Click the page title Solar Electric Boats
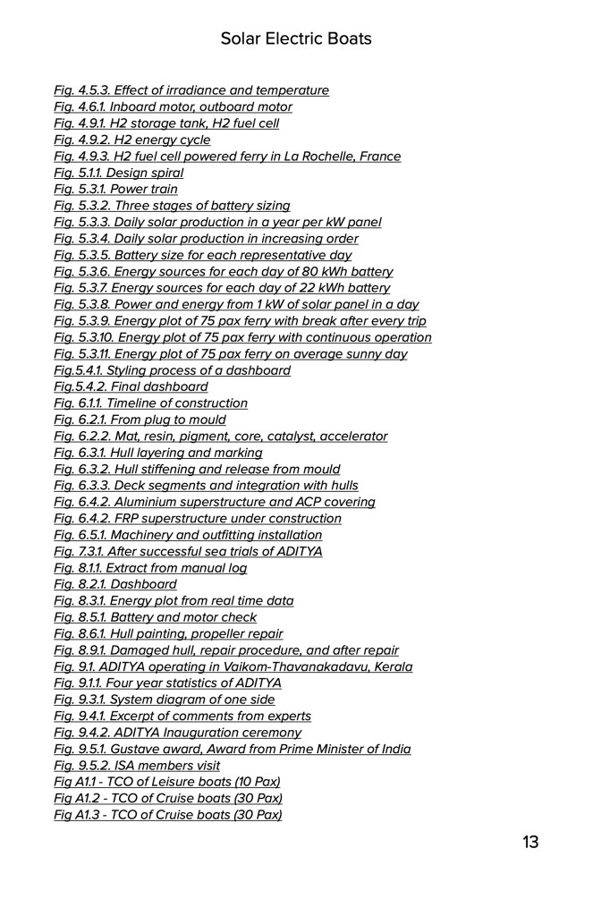pos(296,38)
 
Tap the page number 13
pos(530,842)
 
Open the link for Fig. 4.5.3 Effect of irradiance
pos(191,90)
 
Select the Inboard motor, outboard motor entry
pos(173,107)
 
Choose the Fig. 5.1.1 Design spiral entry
pos(119,173)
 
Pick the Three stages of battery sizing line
pos(172,206)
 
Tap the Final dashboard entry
pos(131,387)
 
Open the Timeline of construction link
pos(151,403)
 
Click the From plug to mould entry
pos(140,420)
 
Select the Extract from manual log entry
pos(150,568)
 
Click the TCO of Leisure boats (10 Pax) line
pos(168,782)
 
